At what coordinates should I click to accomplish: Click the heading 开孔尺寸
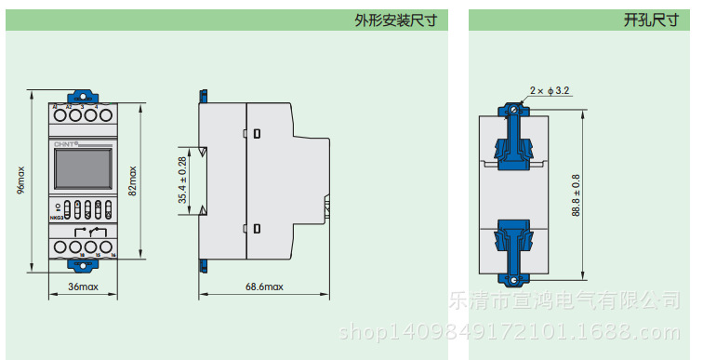[x=651, y=20]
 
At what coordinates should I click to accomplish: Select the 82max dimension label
[x=132, y=180]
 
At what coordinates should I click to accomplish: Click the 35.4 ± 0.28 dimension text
[x=183, y=180]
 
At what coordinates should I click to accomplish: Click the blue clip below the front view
[x=83, y=266]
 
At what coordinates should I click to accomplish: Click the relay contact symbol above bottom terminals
[x=92, y=230]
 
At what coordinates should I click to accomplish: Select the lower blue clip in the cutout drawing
[x=514, y=245]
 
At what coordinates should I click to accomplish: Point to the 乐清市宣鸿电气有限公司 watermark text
[x=571, y=300]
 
